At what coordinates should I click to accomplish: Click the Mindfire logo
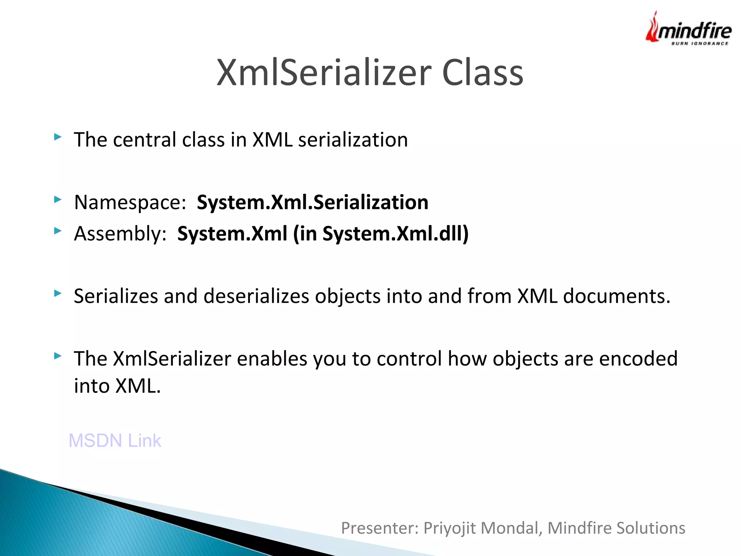point(689,29)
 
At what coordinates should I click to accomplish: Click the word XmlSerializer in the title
point(324,73)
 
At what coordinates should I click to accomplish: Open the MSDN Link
point(115,441)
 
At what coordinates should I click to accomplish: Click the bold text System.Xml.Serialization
point(312,202)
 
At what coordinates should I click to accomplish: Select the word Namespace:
point(130,203)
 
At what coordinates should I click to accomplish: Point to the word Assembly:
point(120,234)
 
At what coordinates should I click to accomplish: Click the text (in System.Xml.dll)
point(381,233)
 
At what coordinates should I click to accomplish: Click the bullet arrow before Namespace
point(58,199)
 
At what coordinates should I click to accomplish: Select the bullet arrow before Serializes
point(58,293)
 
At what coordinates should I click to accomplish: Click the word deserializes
point(256,296)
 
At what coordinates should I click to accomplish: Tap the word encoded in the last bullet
point(638,359)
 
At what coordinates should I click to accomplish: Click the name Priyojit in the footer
point(449,528)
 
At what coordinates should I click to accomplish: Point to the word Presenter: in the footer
point(380,528)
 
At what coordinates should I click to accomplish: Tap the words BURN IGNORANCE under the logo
point(699,43)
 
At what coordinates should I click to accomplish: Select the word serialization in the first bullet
point(353,140)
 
